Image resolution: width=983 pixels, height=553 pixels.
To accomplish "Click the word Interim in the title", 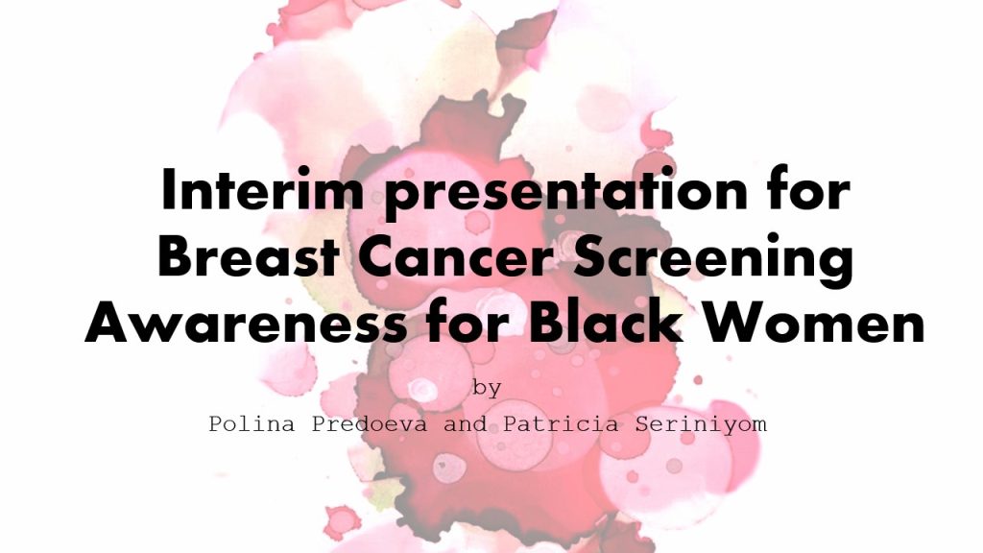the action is (x=263, y=189).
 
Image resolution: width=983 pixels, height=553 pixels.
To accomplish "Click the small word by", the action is (x=487, y=389).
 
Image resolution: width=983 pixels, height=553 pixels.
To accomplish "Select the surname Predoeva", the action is (x=370, y=423).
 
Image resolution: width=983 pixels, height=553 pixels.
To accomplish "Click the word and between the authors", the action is (x=466, y=423).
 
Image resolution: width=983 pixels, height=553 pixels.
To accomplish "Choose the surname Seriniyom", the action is (x=701, y=425).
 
